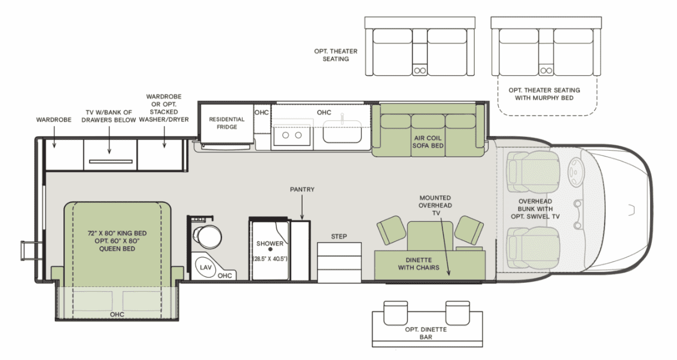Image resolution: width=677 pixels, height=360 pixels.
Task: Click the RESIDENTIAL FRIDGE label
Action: [227, 123]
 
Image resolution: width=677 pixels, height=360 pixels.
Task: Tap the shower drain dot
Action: [270, 249]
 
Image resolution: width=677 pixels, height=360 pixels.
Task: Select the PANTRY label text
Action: [302, 190]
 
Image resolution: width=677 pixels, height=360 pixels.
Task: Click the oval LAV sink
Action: [206, 267]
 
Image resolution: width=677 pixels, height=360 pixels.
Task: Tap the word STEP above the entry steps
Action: [339, 237]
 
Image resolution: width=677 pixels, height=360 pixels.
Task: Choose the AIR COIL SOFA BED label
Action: [428, 142]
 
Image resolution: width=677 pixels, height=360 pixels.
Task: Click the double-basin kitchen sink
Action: [292, 136]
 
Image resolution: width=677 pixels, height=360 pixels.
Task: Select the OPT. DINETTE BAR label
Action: [426, 333]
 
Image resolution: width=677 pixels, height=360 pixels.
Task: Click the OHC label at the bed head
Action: [117, 315]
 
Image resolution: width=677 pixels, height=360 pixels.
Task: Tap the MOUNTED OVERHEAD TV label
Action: [435, 206]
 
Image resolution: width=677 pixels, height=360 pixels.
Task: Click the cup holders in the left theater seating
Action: [420, 70]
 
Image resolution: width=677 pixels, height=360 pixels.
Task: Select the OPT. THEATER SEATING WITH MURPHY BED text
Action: [544, 94]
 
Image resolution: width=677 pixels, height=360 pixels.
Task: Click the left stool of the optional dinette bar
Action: [395, 313]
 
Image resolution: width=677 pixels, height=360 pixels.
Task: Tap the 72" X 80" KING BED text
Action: [117, 233]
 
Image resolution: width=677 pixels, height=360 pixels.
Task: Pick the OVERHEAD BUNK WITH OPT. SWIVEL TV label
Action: [535, 209]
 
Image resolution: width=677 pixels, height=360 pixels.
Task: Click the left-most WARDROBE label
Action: [54, 120]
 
